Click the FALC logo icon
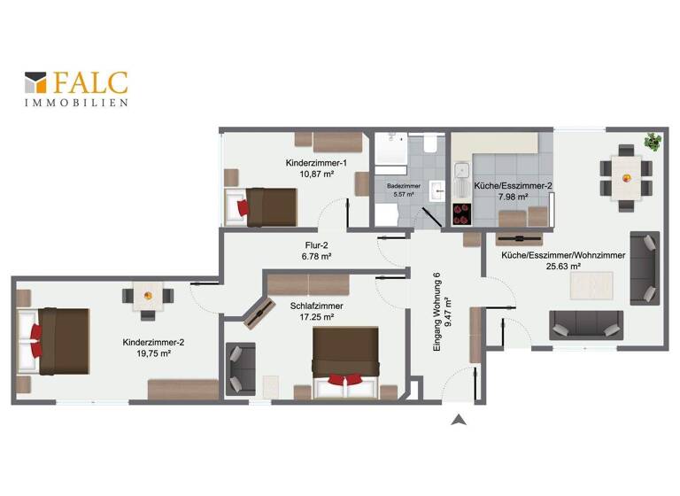coord(35,83)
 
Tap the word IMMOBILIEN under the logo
coord(76,103)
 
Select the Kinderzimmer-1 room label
coord(316,164)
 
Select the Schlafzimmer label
coord(316,306)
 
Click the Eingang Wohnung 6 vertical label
coord(437,314)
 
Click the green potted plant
coord(653,141)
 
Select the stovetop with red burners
coord(462,213)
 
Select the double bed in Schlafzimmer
coord(344,363)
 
